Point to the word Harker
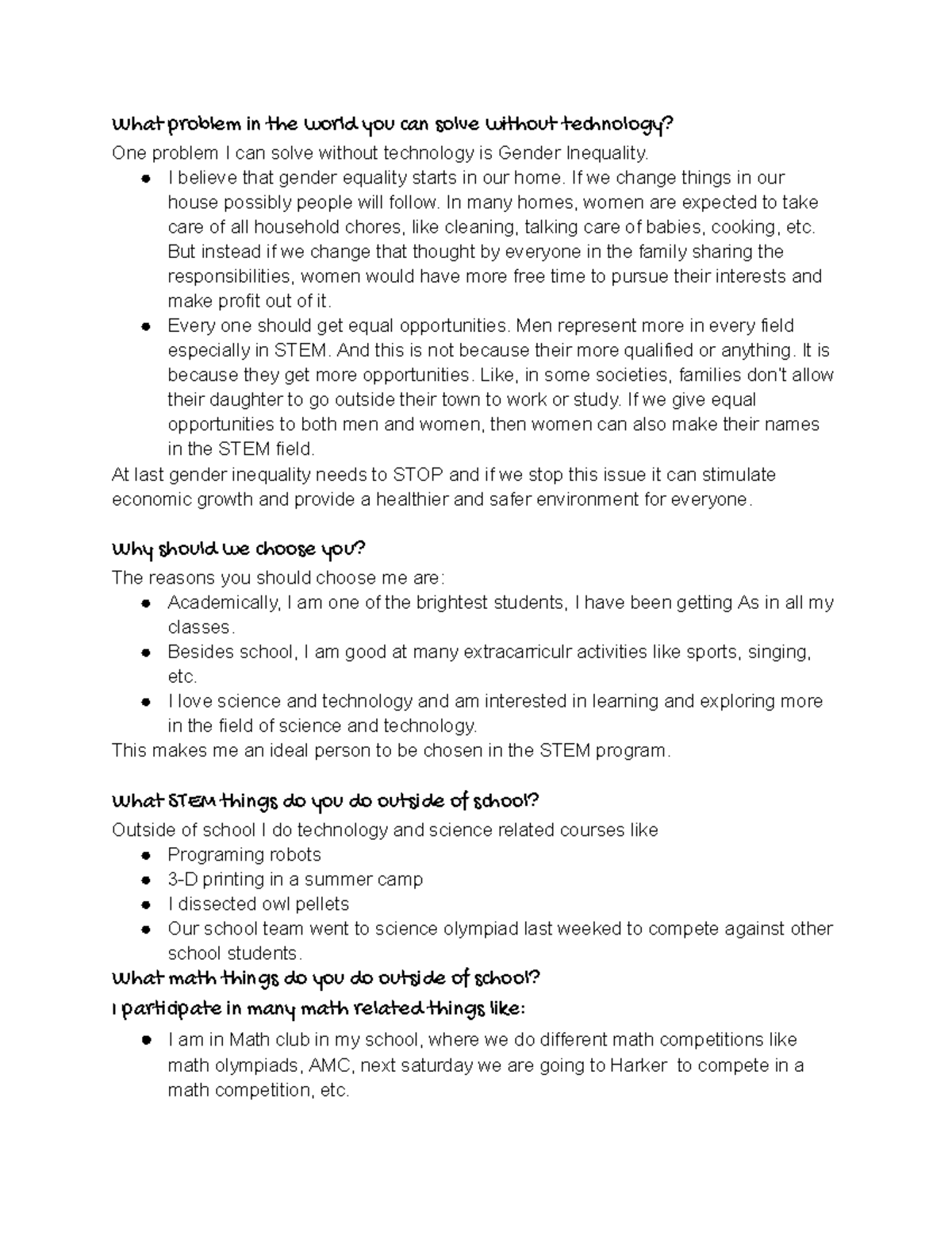pyautogui.click(x=639, y=1065)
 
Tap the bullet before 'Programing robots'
pyautogui.click(x=146, y=855)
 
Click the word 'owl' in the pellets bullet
pyautogui.click(x=282, y=904)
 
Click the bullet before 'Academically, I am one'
pyautogui.click(x=146, y=603)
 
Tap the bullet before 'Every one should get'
pyautogui.click(x=146, y=326)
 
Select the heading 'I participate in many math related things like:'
pyautogui.click(x=318, y=1010)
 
